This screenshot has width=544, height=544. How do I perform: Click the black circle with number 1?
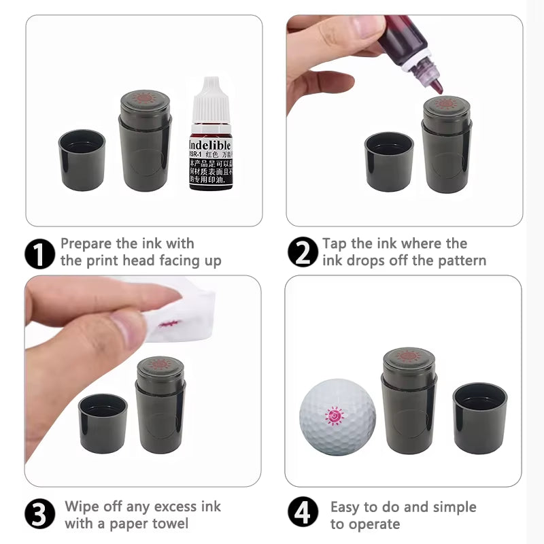pos(39,253)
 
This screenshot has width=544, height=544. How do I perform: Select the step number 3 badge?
pos(39,515)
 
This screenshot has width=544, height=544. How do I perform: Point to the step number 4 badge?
pos(303,515)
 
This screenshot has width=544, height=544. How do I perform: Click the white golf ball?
pos(337,416)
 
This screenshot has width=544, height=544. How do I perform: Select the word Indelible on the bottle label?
pos(209,146)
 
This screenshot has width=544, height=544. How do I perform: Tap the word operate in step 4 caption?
pos(374,524)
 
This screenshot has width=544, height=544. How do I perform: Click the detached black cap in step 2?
pos(389,161)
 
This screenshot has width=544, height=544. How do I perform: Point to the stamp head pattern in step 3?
pos(160,364)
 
